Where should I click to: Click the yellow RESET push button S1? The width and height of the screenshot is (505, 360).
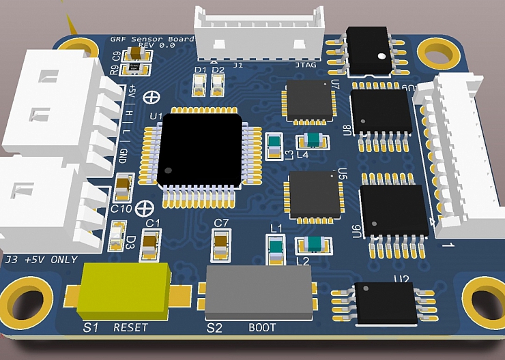tap(124, 290)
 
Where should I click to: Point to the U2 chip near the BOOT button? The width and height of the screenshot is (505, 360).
tap(384, 302)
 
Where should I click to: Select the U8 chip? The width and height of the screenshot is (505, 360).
tap(381, 112)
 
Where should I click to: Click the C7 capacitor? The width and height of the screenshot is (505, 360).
tap(221, 246)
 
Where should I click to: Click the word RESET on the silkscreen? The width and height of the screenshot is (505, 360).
tap(130, 328)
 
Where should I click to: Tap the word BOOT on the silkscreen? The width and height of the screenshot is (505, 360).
tap(262, 328)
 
